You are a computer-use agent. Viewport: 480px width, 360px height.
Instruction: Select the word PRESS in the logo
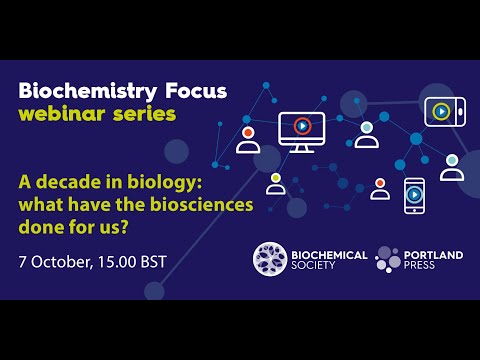click(424, 268)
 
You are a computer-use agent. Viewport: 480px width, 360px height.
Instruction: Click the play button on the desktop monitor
click(302, 127)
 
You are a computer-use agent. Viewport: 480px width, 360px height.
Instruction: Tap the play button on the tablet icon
click(440, 111)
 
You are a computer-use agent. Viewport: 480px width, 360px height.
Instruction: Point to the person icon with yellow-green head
click(275, 184)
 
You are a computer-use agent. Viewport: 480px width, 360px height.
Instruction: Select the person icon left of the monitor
click(247, 139)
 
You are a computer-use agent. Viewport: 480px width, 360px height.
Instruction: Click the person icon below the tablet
click(452, 167)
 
